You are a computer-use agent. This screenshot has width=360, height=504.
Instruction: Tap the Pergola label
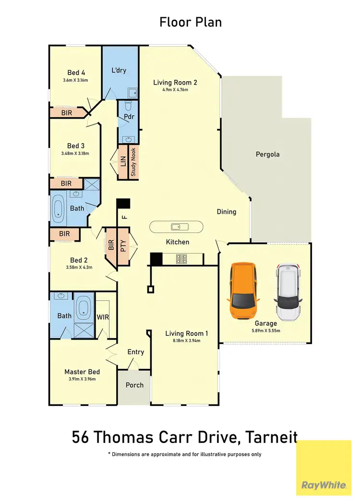[x=267, y=155]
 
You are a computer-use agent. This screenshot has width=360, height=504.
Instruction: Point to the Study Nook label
[x=133, y=162]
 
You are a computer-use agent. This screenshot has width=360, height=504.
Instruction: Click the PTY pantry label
[x=123, y=246]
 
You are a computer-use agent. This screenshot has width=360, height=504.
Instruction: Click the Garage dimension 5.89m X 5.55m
[x=265, y=331]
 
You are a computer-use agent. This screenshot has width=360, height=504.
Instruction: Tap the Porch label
[x=135, y=385]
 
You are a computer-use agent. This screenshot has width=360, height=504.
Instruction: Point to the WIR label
[x=104, y=318]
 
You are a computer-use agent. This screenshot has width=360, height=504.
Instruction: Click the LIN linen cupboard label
[x=122, y=162]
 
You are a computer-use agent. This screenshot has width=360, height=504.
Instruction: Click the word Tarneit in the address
[x=271, y=438]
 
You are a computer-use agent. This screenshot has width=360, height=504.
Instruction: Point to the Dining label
[x=227, y=211]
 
